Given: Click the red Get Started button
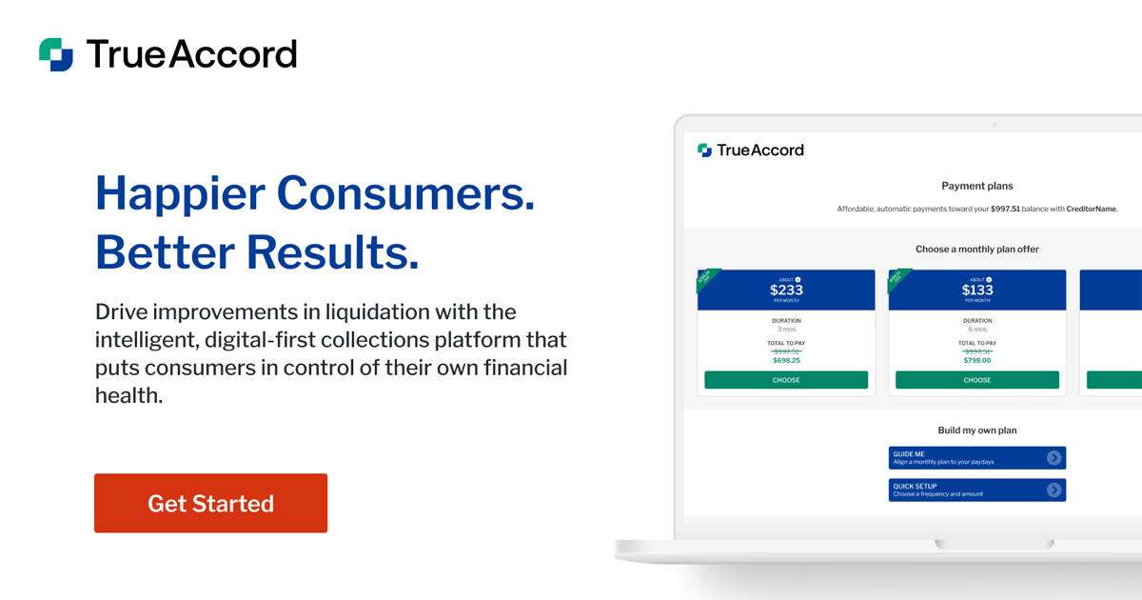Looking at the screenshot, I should pos(210,503).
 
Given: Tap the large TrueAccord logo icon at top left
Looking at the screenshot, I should pos(55,54).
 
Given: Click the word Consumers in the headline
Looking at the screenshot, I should pos(405,193).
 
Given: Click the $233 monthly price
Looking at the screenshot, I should pos(786,290).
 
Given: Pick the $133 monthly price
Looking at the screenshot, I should pos(977,290).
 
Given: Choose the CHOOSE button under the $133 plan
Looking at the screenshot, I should pos(977,380).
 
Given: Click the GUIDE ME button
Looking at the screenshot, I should pos(977,458).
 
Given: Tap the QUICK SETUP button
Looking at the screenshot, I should pos(977,490).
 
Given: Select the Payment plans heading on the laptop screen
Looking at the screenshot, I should pos(977,186).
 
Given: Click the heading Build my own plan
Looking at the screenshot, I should pos(977,430).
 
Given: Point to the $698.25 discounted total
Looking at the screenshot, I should pos(786,361).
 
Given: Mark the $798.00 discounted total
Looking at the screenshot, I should pos(977,361).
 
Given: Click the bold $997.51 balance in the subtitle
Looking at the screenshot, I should pos(1005,209).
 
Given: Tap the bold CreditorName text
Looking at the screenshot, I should pos(1091,209).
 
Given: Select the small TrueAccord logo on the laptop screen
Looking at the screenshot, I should pos(751,150).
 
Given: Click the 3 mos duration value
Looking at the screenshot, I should pos(786,330).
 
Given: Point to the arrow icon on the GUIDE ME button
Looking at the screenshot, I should pos(1053,458).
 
